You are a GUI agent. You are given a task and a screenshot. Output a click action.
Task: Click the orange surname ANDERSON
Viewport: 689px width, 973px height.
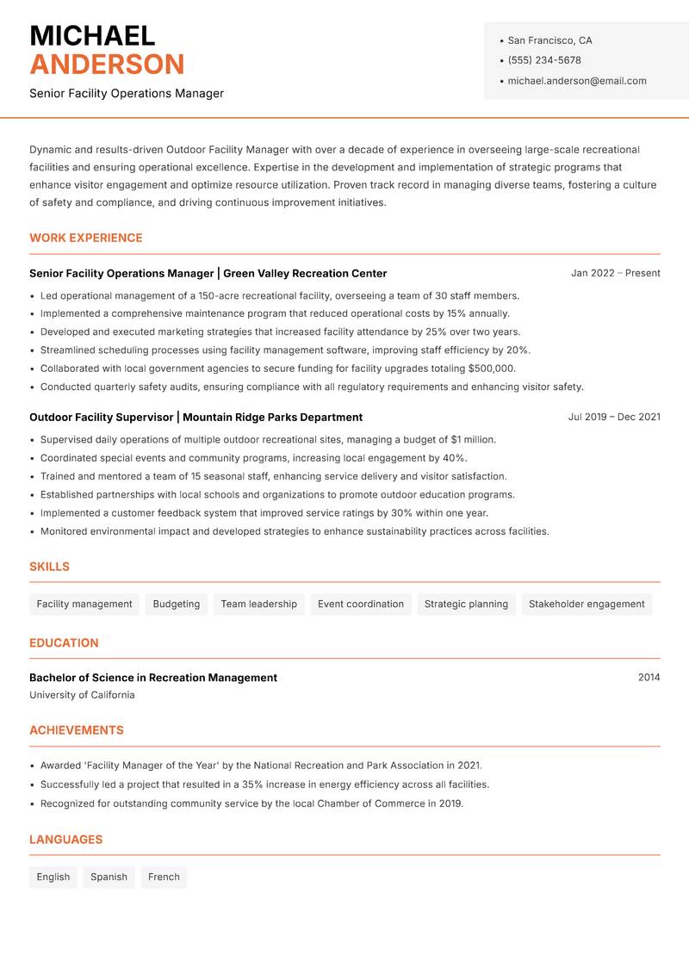pos(107,65)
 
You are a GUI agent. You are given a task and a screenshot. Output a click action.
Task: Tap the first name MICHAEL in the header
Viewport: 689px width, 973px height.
pos(92,35)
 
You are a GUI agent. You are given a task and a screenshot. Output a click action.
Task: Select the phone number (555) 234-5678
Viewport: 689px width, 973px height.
pos(543,60)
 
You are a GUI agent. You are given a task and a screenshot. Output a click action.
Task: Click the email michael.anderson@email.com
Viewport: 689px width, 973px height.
pos(576,81)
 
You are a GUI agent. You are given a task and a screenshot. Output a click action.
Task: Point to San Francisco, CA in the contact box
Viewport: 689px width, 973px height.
pos(549,40)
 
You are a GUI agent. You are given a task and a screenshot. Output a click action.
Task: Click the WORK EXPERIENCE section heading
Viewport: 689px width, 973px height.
pos(85,238)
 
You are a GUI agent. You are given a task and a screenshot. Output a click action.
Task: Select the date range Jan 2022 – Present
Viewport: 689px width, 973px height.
pos(615,273)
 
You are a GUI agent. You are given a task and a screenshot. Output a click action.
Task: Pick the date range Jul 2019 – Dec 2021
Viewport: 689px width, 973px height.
pos(613,417)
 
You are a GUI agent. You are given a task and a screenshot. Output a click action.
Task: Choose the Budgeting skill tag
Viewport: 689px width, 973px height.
pos(176,604)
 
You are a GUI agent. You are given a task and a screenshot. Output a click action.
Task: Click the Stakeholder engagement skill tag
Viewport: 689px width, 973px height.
pos(586,604)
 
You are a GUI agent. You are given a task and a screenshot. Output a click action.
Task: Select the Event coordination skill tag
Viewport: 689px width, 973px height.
pos(360,604)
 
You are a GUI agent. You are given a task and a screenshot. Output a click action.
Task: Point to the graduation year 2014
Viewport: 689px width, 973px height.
pos(649,678)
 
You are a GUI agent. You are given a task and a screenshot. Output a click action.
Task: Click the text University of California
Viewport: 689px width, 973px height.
pos(82,695)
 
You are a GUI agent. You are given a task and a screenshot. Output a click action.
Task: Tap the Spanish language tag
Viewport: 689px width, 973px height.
pos(109,877)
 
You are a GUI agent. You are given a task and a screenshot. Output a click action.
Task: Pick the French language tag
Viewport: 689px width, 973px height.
pos(164,877)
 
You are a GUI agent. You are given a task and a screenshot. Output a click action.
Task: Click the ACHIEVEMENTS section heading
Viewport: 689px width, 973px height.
pos(77,730)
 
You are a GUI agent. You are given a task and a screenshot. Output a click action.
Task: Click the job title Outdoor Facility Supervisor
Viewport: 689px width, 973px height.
pos(101,417)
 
